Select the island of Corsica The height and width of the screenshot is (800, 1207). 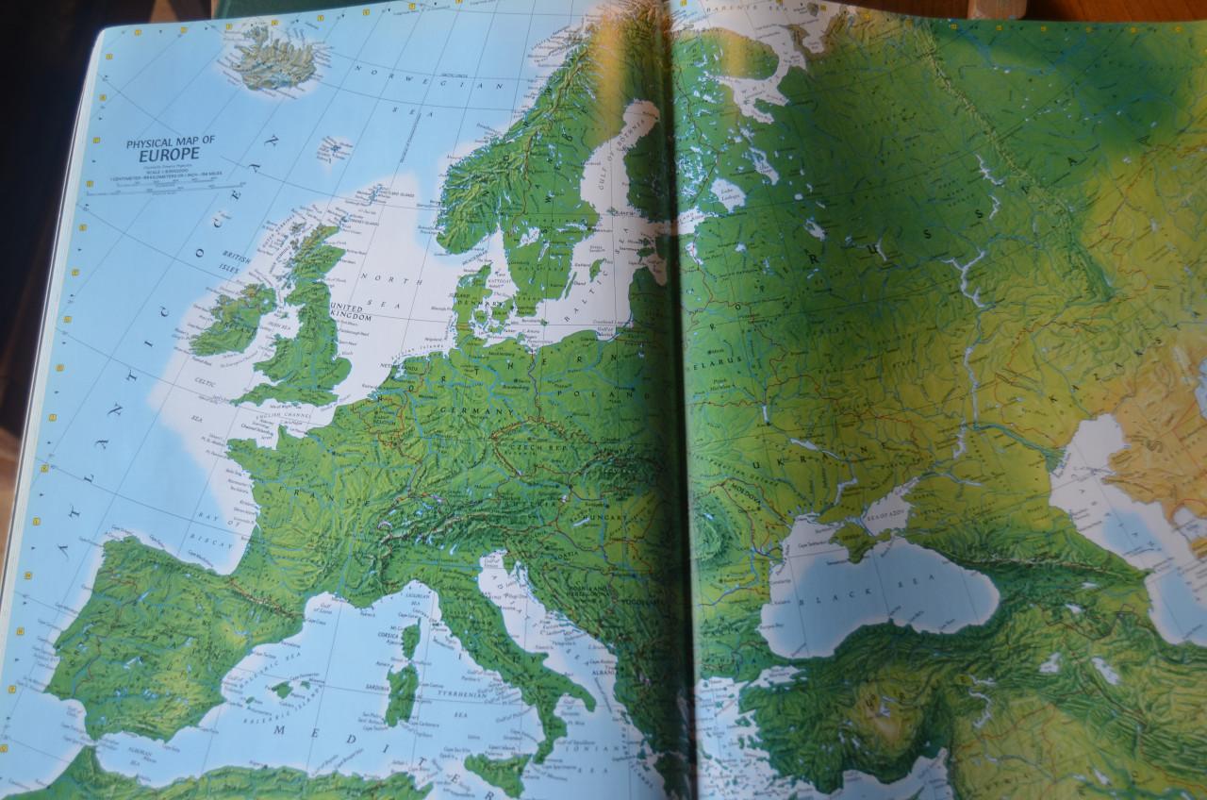(x=411, y=639)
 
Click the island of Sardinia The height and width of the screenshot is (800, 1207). (x=402, y=693)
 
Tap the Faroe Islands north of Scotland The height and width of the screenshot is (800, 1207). (x=332, y=149)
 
